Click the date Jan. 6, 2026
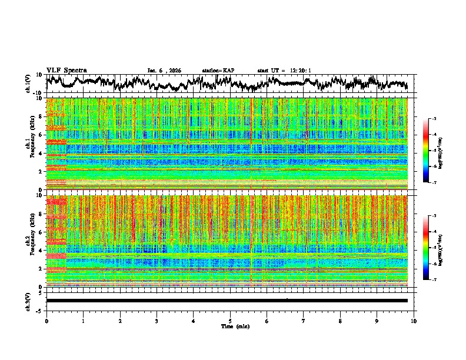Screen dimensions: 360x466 point(164,71)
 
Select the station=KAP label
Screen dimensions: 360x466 point(218,71)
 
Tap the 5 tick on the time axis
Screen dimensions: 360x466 point(230,321)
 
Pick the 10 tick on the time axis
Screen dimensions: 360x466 point(414,321)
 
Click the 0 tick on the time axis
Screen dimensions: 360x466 point(46,321)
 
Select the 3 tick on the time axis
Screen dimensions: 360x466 point(157,321)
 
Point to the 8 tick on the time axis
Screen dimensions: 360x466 point(340,321)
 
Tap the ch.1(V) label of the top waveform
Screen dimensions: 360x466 point(29,84)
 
